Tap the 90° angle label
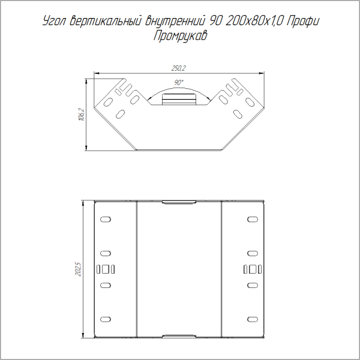[179, 82]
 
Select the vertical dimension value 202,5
[78, 268]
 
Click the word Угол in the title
[55, 22]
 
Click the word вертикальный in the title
[107, 22]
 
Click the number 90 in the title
[215, 22]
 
